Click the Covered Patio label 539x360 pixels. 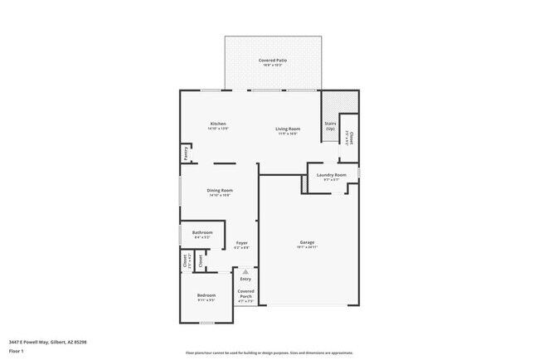coord(272,60)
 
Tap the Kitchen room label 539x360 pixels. coord(217,124)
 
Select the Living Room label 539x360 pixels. coord(288,129)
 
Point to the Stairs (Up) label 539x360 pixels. coord(331,126)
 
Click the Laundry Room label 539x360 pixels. coord(332,174)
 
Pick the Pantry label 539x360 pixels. coord(187,154)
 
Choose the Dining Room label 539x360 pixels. coord(220,190)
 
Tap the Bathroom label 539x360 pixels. coord(202,232)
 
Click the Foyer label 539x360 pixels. coord(241,242)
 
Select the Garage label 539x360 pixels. coord(307,242)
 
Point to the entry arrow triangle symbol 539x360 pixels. coord(245,271)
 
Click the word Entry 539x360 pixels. coord(245,279)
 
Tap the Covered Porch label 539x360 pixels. coord(245,294)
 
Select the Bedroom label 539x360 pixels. coord(206,295)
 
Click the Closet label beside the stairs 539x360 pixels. coord(351,138)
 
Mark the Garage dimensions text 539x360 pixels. coord(307,247)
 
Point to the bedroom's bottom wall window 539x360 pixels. coord(206,324)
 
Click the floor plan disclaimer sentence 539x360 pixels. coord(269,353)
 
